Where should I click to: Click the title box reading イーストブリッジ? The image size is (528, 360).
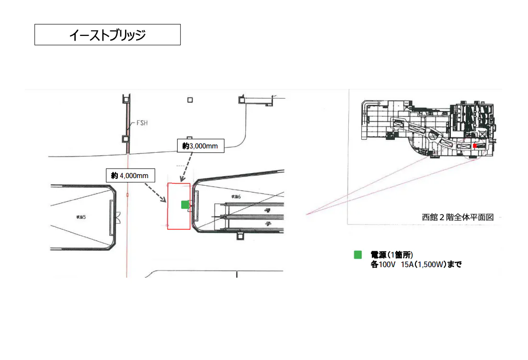point(107,35)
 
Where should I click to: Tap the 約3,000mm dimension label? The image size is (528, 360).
point(200,146)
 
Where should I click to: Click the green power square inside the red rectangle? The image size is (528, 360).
point(185,204)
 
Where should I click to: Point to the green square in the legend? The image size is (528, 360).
point(357,255)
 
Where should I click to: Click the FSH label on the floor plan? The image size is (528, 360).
point(142,123)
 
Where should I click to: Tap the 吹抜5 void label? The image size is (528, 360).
point(80,217)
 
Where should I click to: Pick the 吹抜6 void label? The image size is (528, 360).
point(236,196)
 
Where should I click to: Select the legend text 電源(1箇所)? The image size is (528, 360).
point(391,255)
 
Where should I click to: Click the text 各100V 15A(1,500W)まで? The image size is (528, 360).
point(415,264)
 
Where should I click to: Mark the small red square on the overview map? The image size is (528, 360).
point(475,146)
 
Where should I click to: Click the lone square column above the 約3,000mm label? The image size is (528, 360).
point(190,100)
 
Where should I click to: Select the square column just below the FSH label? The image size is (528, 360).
point(126,139)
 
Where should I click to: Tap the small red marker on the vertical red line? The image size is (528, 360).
point(127,195)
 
